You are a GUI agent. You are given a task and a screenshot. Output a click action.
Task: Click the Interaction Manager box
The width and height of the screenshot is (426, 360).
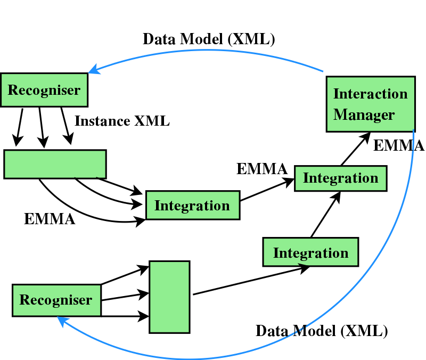pyautogui.click(x=370, y=104)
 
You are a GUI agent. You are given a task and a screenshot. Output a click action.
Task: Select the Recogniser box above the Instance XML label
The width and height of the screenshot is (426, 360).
pyautogui.click(x=44, y=89)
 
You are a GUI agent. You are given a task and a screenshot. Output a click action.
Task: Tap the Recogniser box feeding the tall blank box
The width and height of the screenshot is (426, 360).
pyautogui.click(x=56, y=300)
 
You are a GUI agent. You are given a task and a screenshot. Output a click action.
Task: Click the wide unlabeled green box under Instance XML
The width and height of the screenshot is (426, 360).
pyautogui.click(x=55, y=163)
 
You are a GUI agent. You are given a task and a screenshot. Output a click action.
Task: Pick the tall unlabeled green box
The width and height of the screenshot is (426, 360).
pyautogui.click(x=169, y=297)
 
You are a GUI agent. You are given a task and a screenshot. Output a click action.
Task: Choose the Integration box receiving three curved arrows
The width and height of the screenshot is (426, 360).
pyautogui.click(x=192, y=205)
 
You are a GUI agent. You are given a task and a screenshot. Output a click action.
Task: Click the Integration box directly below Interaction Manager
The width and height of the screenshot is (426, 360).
pyautogui.click(x=340, y=178)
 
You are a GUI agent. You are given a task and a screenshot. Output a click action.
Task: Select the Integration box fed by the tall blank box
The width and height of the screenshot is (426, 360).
pyautogui.click(x=310, y=252)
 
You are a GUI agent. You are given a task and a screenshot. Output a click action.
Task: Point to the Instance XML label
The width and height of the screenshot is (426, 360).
pyautogui.click(x=122, y=121)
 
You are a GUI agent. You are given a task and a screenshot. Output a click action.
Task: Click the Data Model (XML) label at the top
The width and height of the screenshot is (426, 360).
pyautogui.click(x=209, y=39)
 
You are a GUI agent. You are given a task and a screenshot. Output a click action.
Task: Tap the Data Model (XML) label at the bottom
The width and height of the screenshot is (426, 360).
pyautogui.click(x=322, y=331)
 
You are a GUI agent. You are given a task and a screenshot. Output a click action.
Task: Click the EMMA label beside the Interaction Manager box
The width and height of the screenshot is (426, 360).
pyautogui.click(x=398, y=145)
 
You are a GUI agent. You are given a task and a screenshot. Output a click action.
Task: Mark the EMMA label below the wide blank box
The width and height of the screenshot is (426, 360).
pyautogui.click(x=50, y=218)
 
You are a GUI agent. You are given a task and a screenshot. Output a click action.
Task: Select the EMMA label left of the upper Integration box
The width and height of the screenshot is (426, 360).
pyautogui.click(x=262, y=169)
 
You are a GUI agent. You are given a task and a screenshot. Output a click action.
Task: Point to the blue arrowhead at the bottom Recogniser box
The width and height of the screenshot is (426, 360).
pyautogui.click(x=62, y=320)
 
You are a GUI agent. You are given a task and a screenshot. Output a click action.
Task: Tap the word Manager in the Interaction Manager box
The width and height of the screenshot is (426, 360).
pyautogui.click(x=364, y=114)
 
